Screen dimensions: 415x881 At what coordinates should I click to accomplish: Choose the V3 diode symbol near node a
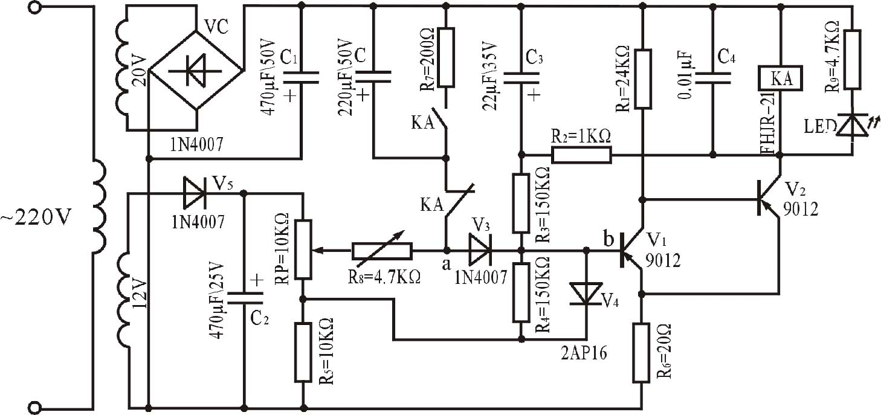pyautogui.click(x=481, y=250)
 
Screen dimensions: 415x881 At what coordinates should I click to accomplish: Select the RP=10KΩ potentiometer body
pyautogui.click(x=302, y=250)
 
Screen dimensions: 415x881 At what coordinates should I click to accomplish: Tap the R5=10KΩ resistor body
pyautogui.click(x=302, y=352)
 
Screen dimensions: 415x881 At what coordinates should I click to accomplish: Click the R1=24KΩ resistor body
pyautogui.click(x=643, y=80)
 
